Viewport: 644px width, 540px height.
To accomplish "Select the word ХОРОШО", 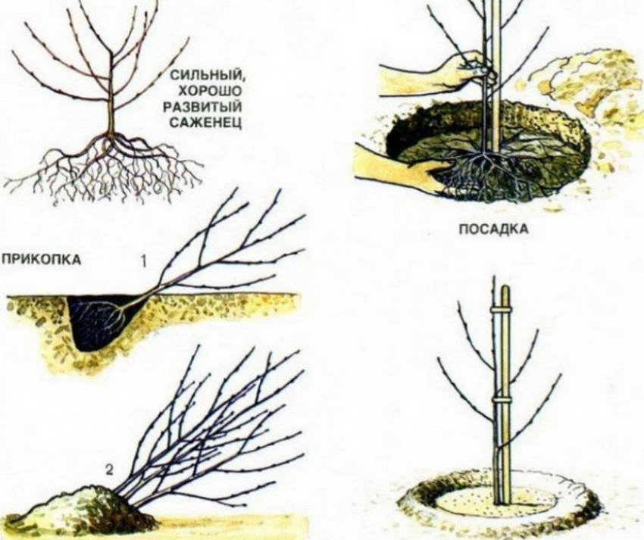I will (202, 90).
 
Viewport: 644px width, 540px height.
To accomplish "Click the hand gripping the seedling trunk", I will (462, 70).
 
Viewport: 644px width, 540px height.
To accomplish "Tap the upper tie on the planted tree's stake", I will (499, 311).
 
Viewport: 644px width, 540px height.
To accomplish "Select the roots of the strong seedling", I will (114, 163).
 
